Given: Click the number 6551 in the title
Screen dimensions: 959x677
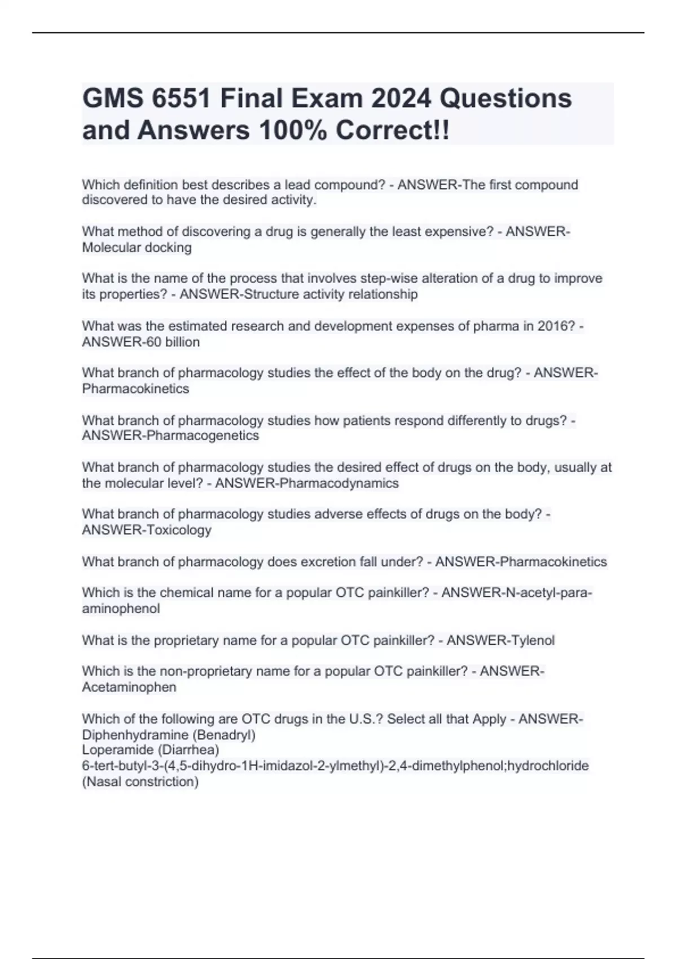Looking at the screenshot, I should coord(181,99).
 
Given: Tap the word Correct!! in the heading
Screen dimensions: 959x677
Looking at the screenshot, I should coord(393,130).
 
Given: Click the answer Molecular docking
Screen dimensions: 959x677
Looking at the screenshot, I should coord(137,248).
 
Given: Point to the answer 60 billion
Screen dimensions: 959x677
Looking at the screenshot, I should coord(173,342).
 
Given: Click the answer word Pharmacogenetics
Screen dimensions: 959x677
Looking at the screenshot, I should coord(203,435).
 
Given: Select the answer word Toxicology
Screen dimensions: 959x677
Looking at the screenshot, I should coord(179,530).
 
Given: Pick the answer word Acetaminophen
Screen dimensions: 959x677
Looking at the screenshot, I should coord(129,687).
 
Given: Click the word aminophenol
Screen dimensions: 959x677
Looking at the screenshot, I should coord(121,609).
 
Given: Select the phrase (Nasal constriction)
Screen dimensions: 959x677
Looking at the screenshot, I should coord(140,782).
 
